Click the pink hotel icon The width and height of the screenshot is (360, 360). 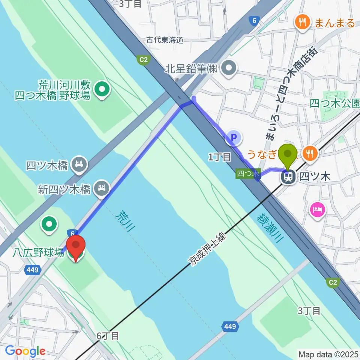tap(317, 208)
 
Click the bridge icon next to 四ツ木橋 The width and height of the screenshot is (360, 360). tap(79, 164)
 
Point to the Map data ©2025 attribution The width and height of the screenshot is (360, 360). tap(328, 354)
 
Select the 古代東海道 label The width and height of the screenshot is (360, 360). tap(165, 40)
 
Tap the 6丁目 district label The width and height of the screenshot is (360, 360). tap(108, 336)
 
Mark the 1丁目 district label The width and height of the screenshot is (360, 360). tap(219, 157)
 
